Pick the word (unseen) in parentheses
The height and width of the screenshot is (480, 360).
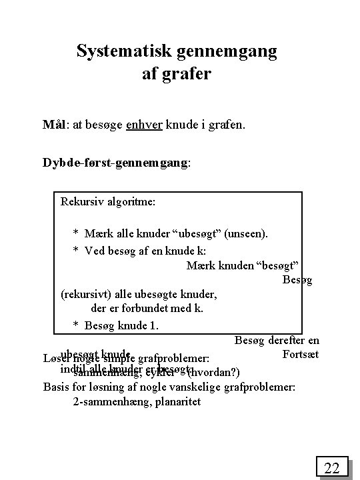click(246, 233)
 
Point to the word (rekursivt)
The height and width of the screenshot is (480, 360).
click(87, 294)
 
